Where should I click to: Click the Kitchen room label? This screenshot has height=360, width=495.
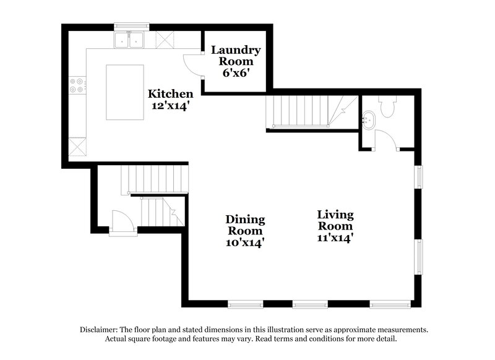tap(170, 94)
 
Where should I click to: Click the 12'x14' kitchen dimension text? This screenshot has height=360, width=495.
tap(170, 105)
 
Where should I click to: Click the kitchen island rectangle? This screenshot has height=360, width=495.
tap(124, 92)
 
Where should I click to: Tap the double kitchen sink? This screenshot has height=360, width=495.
tap(129, 40)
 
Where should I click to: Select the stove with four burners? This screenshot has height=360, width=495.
tap(78, 85)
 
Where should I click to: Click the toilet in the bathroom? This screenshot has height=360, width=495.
tap(388, 108)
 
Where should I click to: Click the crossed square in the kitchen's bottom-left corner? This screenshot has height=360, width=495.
tap(78, 148)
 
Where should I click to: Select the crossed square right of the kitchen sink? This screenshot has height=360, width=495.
tap(165, 40)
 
